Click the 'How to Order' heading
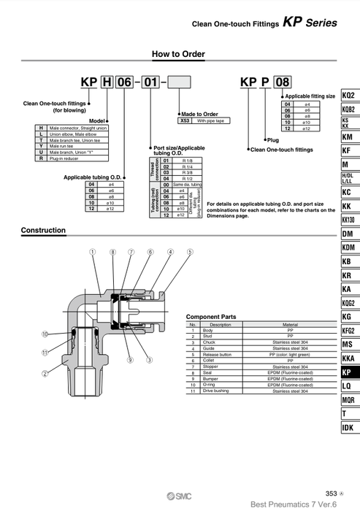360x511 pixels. point(178,54)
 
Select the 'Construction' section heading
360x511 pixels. point(43,231)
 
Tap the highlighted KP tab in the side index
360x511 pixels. point(348,372)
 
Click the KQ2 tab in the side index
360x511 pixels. point(348,96)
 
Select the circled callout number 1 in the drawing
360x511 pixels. point(93,252)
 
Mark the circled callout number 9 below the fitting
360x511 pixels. point(129,360)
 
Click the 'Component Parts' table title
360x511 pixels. point(212,317)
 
